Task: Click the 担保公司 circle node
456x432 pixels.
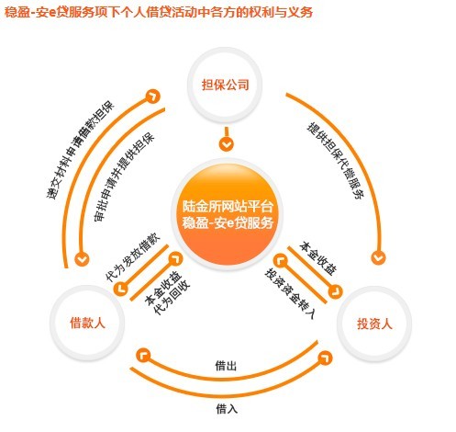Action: tap(225, 85)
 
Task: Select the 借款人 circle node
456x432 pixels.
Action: tap(87, 323)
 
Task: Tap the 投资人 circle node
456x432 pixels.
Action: tap(374, 324)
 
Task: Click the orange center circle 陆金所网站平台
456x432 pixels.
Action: tap(227, 214)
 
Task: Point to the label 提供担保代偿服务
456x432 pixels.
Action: tap(336, 161)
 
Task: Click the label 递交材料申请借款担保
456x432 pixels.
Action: tap(80, 150)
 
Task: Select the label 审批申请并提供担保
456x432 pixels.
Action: tap(124, 176)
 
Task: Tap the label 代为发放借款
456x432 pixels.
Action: tap(132, 256)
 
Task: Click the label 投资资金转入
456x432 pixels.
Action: tap(290, 293)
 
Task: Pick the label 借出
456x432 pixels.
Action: tap(226, 365)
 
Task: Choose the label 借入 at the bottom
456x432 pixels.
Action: tap(227, 409)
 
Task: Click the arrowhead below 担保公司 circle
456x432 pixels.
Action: tap(226, 143)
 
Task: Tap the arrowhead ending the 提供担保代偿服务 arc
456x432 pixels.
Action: tap(378, 257)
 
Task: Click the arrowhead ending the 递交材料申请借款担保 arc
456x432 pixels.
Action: tap(152, 97)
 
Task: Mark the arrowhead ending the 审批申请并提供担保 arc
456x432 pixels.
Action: tap(82, 259)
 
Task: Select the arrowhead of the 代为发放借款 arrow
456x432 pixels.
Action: tap(121, 288)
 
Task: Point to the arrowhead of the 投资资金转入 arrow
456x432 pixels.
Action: tap(281, 261)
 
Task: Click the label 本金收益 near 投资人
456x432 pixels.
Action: tap(318, 258)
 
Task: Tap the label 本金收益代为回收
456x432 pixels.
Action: tap(167, 292)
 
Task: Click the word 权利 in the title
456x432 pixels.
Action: tap(261, 12)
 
